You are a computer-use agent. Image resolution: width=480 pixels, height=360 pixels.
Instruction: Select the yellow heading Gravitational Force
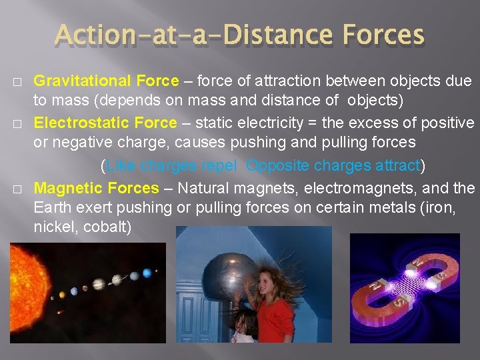pyautogui.click(x=106, y=81)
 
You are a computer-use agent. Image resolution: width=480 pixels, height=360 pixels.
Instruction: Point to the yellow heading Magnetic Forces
pyautogui.click(x=97, y=189)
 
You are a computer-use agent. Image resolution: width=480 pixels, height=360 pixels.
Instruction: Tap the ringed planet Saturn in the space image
pyautogui.click(x=98, y=284)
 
